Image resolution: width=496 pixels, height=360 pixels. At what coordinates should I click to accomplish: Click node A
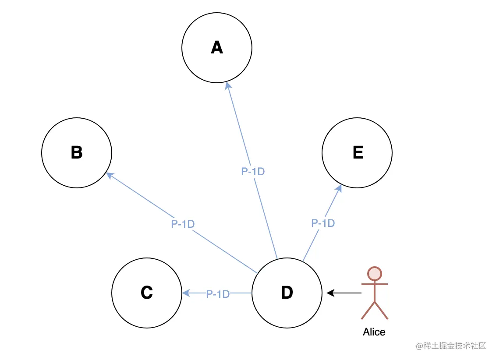tap(217, 47)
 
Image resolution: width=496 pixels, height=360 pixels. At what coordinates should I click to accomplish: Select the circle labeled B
tap(77, 152)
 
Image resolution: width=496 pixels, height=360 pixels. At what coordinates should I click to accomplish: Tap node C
tap(147, 293)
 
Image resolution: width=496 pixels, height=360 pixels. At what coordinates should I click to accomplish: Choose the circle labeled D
tap(287, 293)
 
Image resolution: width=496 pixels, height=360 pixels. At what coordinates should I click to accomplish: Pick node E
tap(357, 152)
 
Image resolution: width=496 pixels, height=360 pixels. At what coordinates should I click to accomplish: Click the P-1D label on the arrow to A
tap(253, 172)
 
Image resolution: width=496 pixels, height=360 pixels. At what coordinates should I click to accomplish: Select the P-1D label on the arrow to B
tap(183, 224)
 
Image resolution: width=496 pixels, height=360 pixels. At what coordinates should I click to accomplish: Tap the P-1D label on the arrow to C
tap(218, 294)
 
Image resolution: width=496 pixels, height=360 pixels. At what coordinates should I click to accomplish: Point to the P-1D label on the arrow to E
tap(323, 223)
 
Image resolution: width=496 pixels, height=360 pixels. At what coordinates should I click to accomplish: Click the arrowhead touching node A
tap(228, 85)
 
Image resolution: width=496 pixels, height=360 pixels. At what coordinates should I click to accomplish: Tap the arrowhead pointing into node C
tap(186, 293)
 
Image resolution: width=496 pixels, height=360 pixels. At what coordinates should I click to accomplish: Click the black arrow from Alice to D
tap(344, 293)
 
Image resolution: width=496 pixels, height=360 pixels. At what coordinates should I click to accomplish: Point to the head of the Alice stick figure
tap(375, 274)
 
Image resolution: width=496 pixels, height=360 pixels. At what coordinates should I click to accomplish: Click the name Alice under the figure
tap(374, 332)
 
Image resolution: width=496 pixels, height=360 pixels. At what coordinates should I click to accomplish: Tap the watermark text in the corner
tap(451, 346)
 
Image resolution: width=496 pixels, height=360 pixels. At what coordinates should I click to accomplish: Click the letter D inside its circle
tap(287, 293)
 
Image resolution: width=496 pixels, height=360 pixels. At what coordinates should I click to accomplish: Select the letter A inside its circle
tap(217, 47)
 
